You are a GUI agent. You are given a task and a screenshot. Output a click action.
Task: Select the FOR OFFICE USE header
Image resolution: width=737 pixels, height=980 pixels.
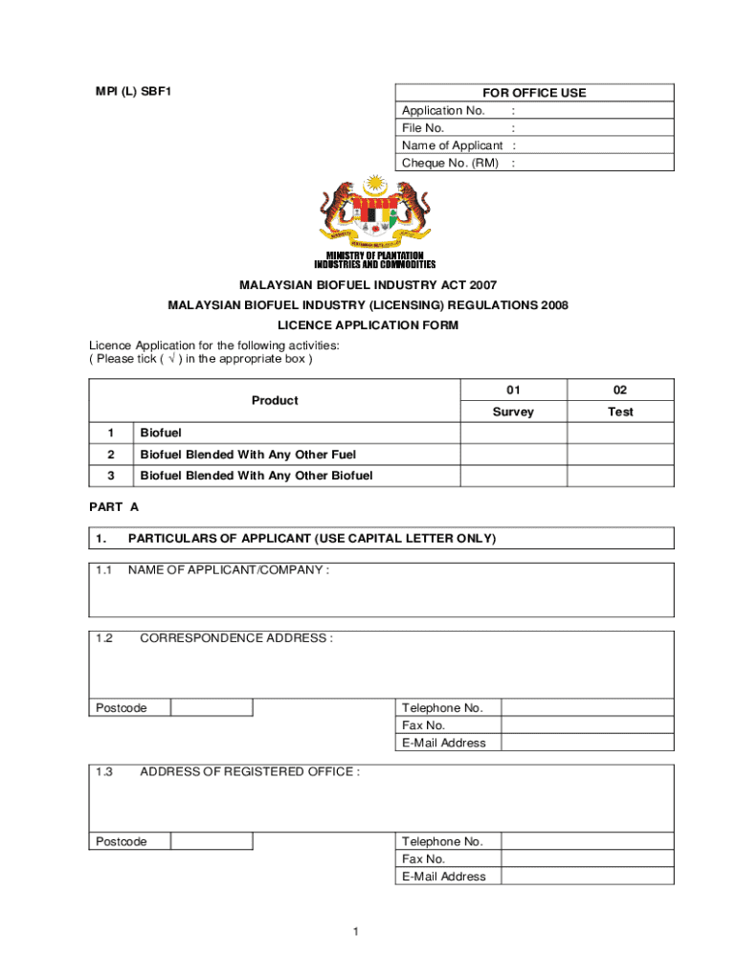534,93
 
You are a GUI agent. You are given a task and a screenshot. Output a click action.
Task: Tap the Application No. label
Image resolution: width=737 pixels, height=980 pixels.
443,110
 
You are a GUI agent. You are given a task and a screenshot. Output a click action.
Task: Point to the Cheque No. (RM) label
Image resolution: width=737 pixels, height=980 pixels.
450,163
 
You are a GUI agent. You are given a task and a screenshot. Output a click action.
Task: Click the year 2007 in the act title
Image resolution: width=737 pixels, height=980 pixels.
480,285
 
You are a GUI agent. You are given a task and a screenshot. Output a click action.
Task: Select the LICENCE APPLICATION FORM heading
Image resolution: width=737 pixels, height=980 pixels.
368,325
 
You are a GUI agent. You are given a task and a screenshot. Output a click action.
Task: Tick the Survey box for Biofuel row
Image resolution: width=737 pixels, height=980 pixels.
513,434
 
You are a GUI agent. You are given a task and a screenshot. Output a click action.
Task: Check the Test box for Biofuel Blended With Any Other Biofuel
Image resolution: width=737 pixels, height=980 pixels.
620,476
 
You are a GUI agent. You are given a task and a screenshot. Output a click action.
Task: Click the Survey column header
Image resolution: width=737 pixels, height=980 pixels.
513,412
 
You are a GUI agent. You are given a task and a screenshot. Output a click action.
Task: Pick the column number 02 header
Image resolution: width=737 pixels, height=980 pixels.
620,390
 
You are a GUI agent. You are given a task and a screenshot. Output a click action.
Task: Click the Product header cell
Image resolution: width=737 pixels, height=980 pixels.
275,401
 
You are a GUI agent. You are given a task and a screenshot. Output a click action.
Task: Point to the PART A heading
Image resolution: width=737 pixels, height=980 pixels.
114,507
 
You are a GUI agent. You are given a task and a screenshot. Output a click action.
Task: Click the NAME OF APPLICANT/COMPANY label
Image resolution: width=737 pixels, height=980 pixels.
229,570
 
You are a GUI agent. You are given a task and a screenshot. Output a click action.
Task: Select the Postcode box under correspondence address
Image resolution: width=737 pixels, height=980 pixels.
212,708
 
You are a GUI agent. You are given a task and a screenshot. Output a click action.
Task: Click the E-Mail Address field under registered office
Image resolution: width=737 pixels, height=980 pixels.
587,877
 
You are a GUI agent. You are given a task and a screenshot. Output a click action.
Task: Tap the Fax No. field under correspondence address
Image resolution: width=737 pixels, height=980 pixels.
587,725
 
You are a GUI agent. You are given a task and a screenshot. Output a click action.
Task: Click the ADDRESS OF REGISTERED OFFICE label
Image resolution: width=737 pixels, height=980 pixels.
250,771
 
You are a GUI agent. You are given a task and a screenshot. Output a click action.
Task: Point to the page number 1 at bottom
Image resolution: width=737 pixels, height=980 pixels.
354,932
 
